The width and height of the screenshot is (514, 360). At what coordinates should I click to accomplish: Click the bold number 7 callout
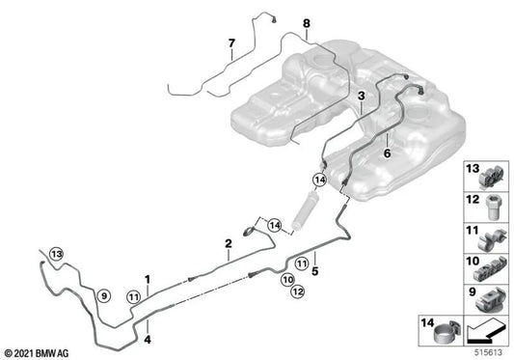231,43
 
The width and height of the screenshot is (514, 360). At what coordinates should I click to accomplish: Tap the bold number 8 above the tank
306,23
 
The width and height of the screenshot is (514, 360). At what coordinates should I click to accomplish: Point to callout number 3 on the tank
362,97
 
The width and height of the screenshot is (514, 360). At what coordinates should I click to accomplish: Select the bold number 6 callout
387,152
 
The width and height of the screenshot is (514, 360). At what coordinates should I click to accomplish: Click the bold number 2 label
229,243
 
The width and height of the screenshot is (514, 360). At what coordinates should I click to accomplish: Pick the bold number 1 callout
148,280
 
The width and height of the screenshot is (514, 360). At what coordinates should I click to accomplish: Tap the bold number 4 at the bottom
148,340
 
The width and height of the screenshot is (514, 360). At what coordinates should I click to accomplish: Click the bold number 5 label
315,271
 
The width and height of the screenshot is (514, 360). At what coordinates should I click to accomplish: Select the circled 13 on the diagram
56,254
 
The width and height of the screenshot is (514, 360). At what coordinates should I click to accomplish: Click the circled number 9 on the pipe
104,296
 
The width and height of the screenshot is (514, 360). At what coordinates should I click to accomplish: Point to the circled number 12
297,291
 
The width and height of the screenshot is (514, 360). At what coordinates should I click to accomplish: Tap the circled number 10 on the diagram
287,280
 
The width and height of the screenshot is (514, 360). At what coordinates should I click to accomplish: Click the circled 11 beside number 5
302,263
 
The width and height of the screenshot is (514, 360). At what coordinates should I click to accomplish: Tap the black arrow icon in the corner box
485,332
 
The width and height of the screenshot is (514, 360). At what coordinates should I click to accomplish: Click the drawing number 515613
488,352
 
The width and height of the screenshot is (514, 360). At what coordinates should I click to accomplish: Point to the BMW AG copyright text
37,353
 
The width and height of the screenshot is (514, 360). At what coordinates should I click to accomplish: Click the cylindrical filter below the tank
302,210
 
